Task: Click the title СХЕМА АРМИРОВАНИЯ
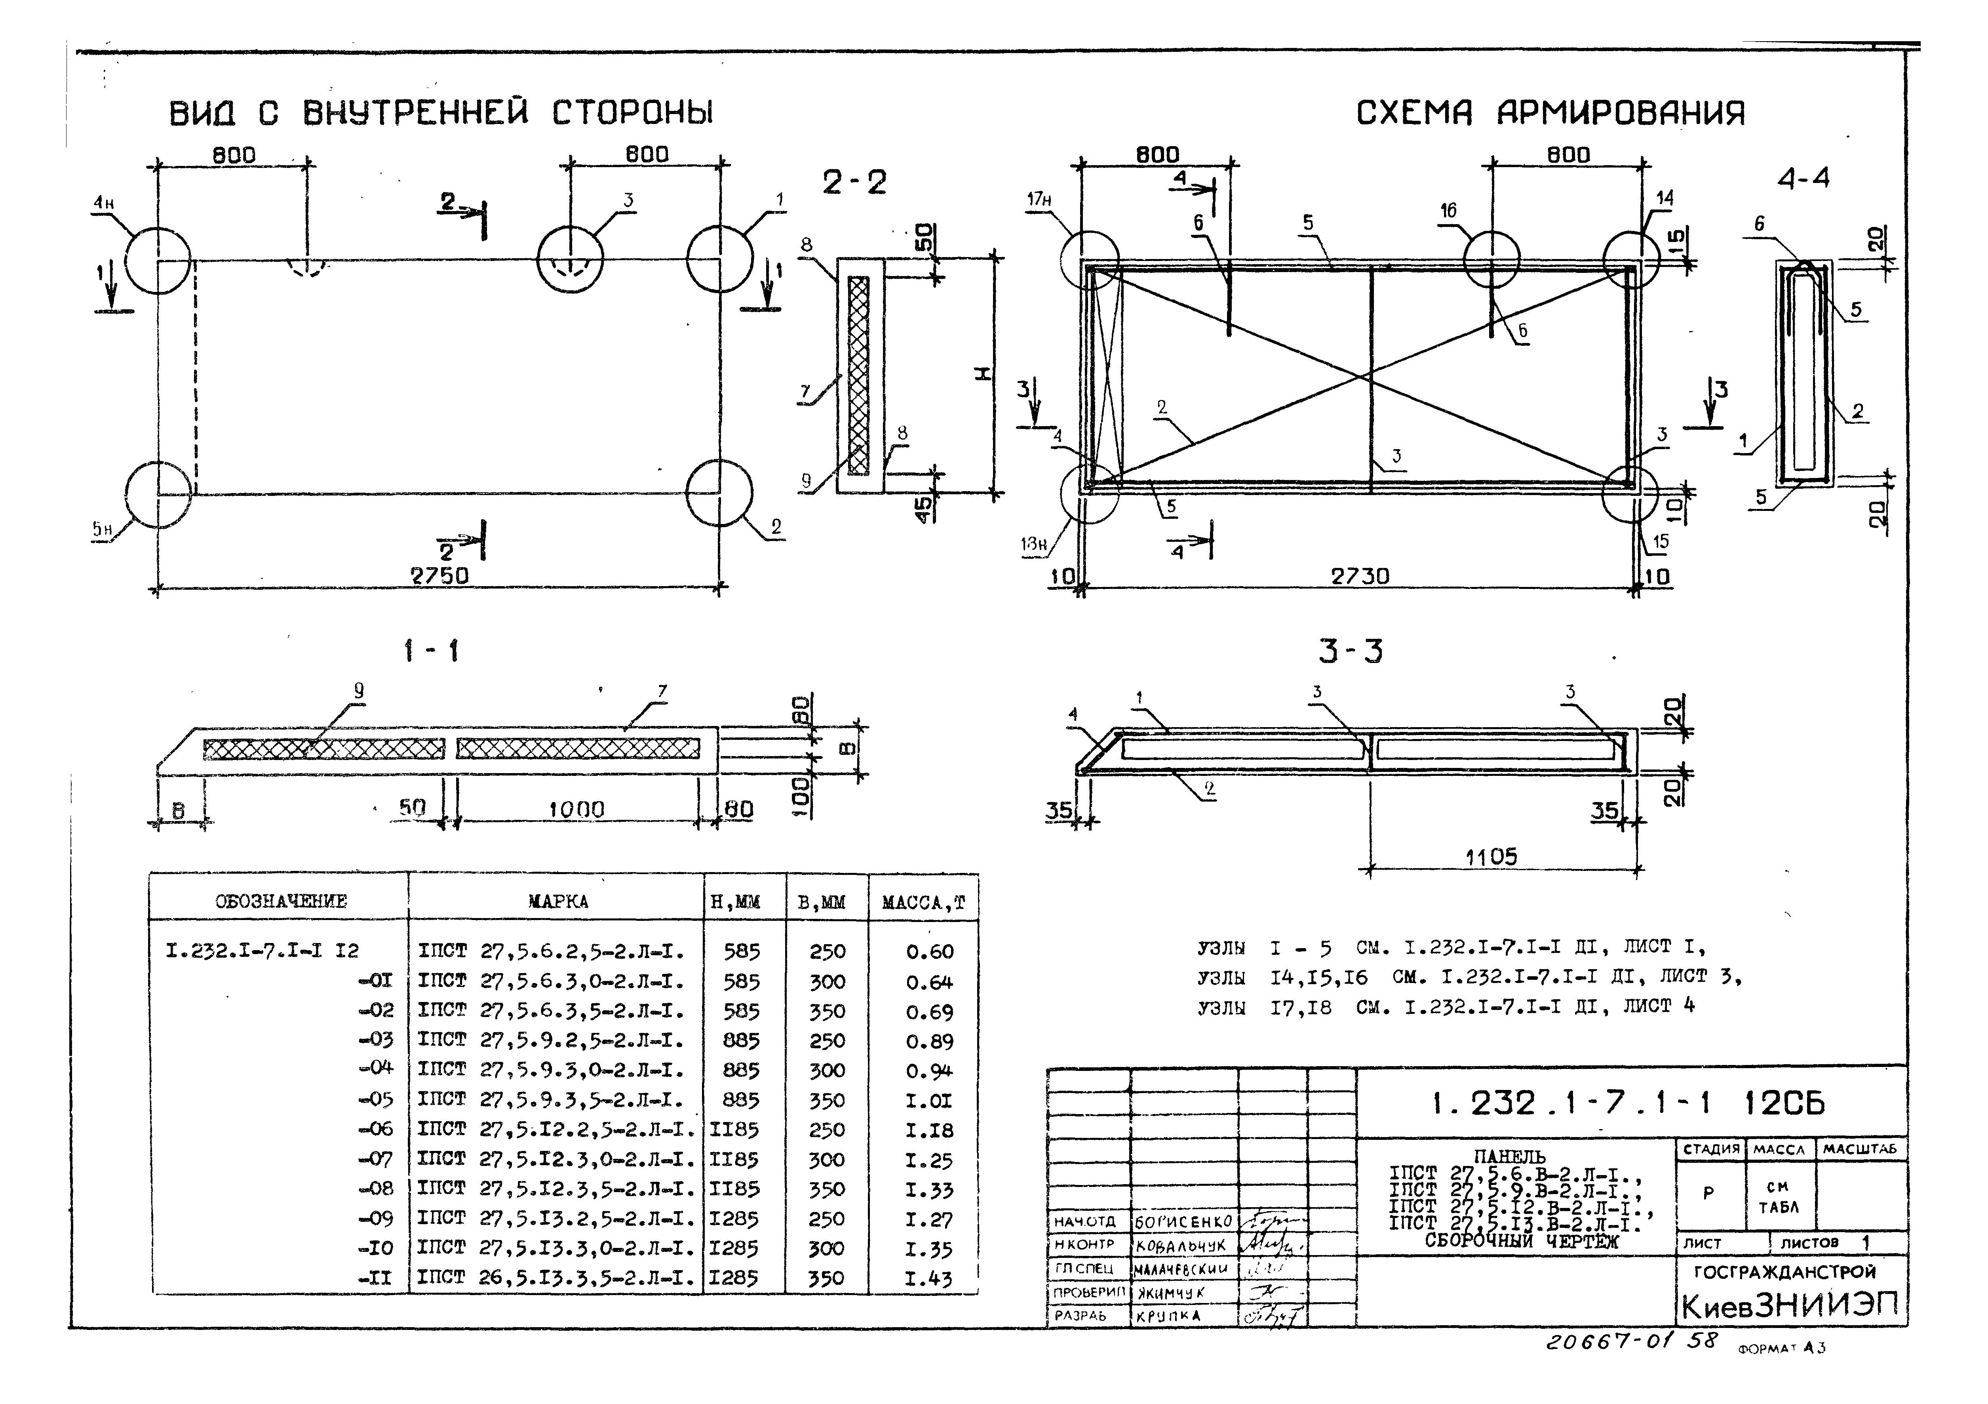pyautogui.click(x=1550, y=113)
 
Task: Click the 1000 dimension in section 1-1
pyautogui.click(x=576, y=810)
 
